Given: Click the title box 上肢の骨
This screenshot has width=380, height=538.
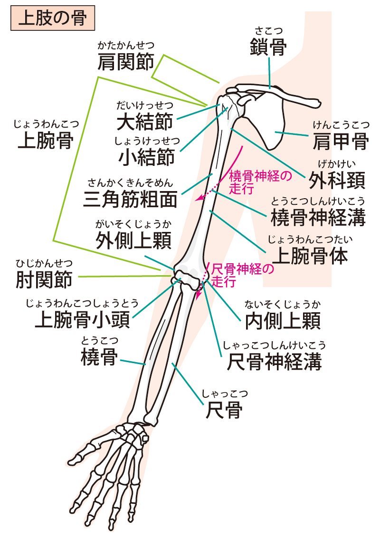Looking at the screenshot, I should point(52,18).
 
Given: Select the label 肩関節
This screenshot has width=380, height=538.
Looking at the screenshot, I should point(126,62).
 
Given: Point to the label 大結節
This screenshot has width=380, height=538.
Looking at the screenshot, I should point(145,122).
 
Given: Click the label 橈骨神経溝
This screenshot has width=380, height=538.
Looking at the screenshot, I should point(318,218).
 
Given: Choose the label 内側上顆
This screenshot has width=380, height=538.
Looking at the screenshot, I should point(284,321).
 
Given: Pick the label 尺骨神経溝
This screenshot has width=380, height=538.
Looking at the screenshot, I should point(274,363).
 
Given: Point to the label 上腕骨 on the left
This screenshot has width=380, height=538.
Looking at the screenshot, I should point(45,140).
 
